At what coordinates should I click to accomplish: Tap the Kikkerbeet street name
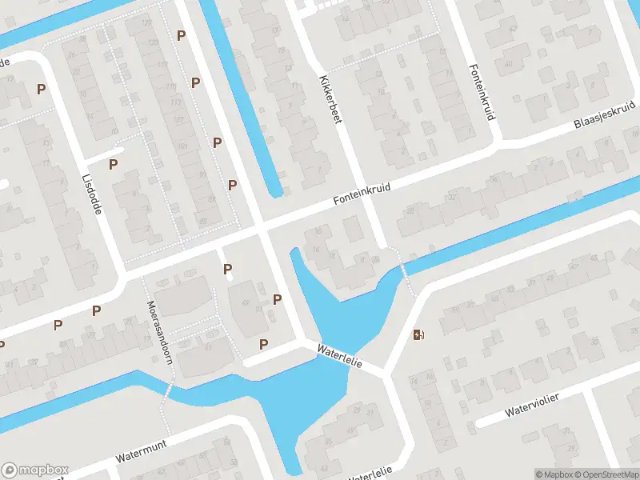click(x=331, y=100)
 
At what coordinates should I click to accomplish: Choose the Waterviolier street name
click(x=530, y=406)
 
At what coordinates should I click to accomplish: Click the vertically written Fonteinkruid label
click(x=484, y=92)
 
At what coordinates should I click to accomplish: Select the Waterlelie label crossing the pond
click(x=340, y=355)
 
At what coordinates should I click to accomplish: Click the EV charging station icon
click(x=418, y=334)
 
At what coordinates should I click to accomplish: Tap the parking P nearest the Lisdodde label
click(x=113, y=164)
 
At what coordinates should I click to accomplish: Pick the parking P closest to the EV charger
click(x=278, y=299)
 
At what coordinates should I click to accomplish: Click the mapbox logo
click(x=35, y=470)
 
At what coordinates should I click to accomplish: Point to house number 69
click(x=245, y=302)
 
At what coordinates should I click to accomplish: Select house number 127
click(x=146, y=22)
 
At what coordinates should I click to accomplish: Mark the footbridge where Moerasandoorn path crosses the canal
click(x=168, y=390)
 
